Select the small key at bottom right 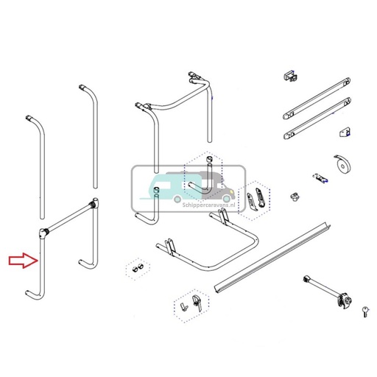(x=365, y=311)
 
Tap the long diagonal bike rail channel (x=280, y=258)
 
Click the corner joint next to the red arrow (x=43, y=234)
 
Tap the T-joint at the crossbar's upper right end (x=94, y=204)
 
